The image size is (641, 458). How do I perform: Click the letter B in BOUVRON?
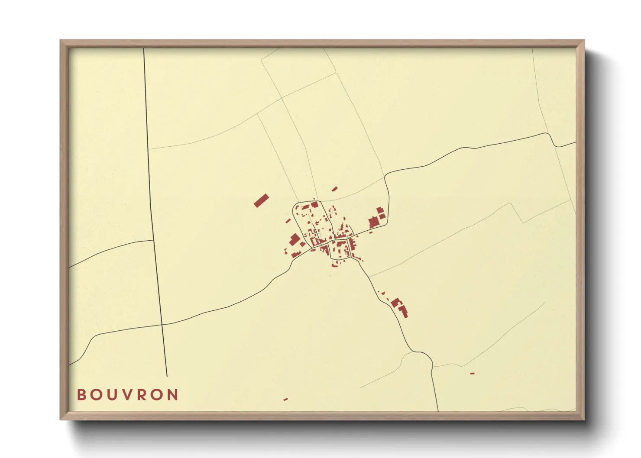tap(81, 395)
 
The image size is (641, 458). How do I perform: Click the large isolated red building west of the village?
tap(261, 200)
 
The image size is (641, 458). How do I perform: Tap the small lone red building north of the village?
tap(334, 189)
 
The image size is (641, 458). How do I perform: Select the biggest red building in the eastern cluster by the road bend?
tap(373, 223)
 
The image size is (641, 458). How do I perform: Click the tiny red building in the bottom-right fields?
tap(472, 373)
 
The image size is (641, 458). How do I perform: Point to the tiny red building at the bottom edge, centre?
tap(285, 399)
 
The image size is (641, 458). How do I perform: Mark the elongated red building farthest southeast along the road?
tap(403, 311)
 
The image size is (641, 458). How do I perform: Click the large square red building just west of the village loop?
tap(295, 239)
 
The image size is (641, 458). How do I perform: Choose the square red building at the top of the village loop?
tap(315, 204)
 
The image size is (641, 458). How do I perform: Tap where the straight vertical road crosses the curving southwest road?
tap(162, 324)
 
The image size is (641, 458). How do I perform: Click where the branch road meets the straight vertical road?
tap(153, 240)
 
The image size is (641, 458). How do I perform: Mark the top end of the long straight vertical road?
tap(144, 48)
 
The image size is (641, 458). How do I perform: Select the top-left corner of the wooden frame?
tap(61, 41)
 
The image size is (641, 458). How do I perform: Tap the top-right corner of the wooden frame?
tap(584, 41)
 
